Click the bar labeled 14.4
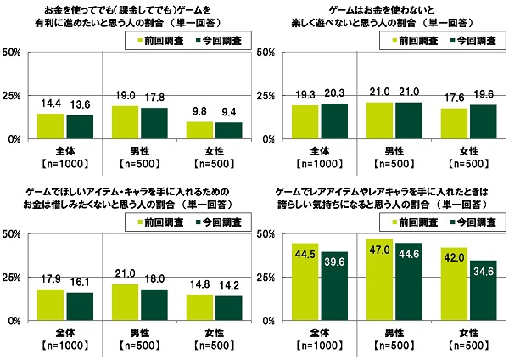51,126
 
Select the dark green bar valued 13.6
80,127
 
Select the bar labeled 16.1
80,307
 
